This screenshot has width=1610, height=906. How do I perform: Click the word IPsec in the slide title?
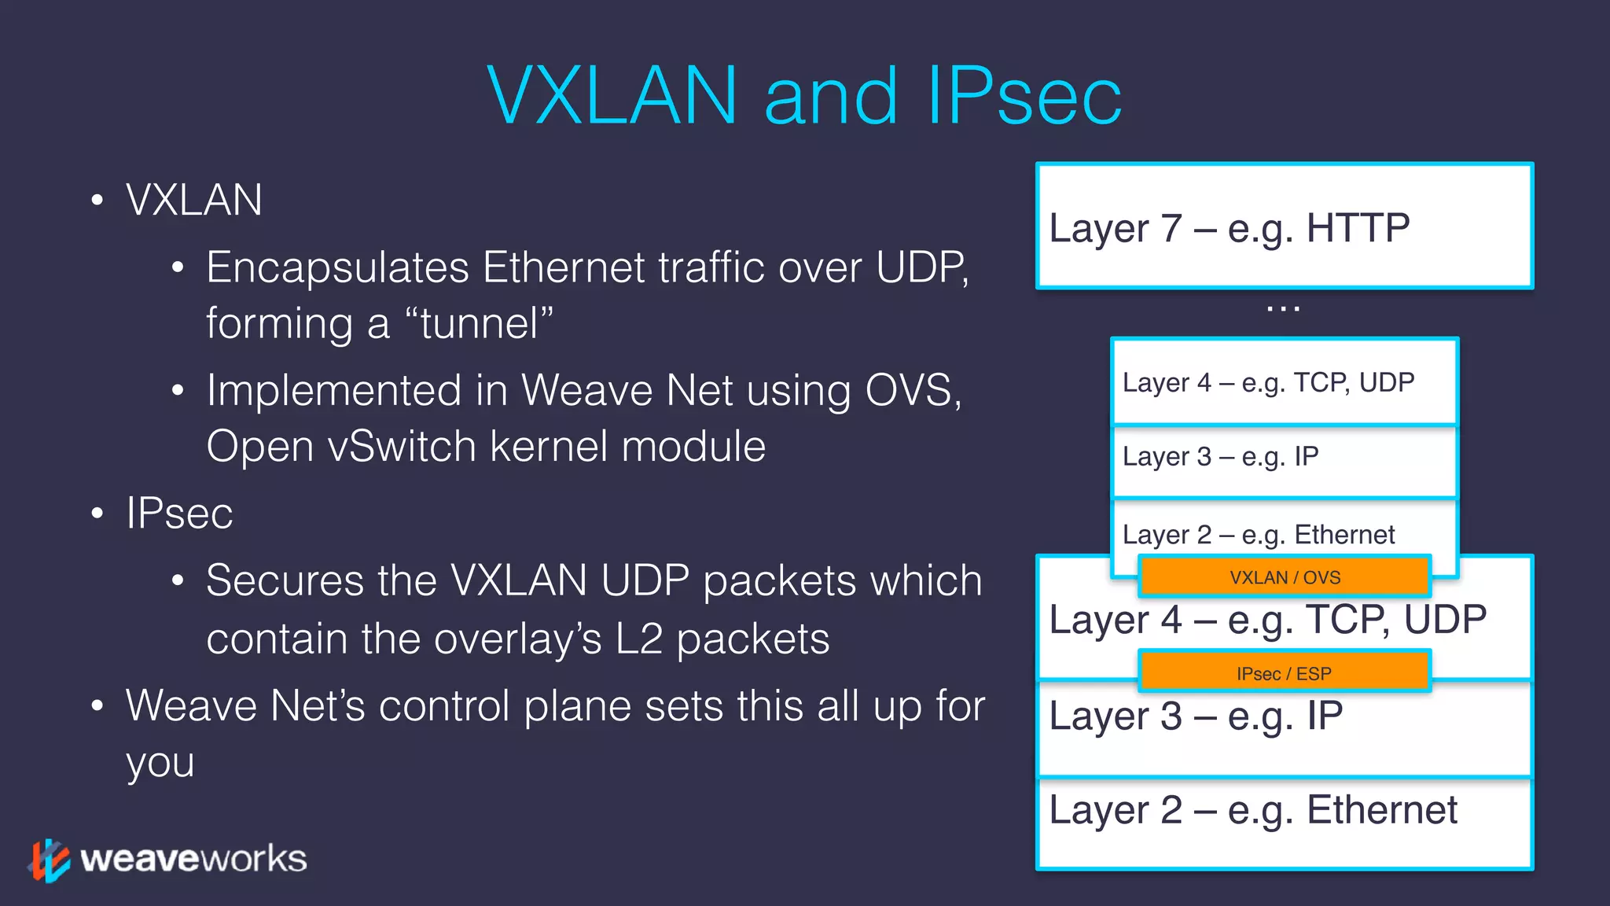[1024, 96]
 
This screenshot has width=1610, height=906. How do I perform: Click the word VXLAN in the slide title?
[612, 96]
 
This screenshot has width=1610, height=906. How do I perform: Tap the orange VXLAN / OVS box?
[1285, 577]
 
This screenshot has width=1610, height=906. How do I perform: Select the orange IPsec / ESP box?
[1285, 673]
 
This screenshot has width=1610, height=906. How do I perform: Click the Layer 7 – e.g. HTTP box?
[1285, 226]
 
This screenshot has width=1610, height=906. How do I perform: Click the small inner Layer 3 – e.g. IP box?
[1285, 458]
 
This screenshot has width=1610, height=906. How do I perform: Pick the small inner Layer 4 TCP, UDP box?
[1285, 383]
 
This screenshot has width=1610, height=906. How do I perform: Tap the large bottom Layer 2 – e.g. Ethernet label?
[1253, 810]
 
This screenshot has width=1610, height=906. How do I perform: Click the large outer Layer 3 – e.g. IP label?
[1196, 716]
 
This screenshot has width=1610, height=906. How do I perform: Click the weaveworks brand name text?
[193, 859]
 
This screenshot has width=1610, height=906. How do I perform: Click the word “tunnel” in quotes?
[479, 323]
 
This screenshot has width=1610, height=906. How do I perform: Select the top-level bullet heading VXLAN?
[193, 200]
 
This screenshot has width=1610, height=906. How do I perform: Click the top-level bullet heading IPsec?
[179, 514]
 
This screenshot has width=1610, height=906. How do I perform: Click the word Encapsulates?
[337, 267]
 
